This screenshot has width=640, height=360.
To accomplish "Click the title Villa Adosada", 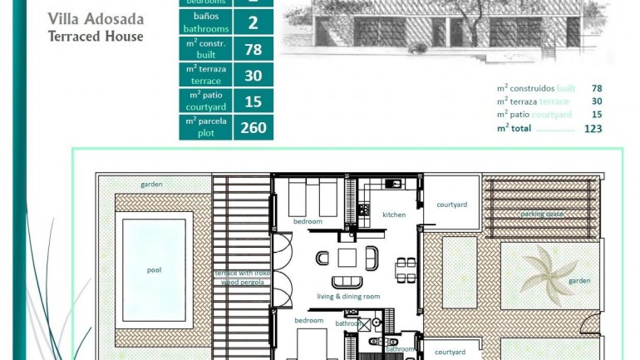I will point(96,19).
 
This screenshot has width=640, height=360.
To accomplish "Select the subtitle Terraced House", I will point(96,37).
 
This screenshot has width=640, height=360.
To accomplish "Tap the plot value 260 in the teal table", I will point(253,127).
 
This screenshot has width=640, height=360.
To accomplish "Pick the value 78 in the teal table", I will point(253,49).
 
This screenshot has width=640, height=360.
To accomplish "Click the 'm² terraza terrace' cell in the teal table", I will point(205,75).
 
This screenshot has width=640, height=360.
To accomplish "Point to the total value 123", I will point(593,128).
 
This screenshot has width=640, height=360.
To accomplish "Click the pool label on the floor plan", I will point(154,270).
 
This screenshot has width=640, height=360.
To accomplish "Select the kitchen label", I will point(394,215).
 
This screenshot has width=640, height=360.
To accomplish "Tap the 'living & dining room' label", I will point(348,296).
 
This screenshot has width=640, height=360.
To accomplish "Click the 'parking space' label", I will point(542,214).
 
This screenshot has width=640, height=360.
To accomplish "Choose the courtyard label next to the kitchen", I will point(451,205).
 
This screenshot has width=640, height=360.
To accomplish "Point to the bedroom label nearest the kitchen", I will point(308,221).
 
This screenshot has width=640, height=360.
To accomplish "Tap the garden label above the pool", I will point(151,185).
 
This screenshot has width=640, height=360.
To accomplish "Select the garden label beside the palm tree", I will point(579,281).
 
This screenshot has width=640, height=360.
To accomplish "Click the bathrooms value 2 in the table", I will point(253,22).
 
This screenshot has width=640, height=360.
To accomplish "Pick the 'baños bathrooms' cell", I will point(205,22).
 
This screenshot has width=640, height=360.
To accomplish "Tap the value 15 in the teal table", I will point(253,101).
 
